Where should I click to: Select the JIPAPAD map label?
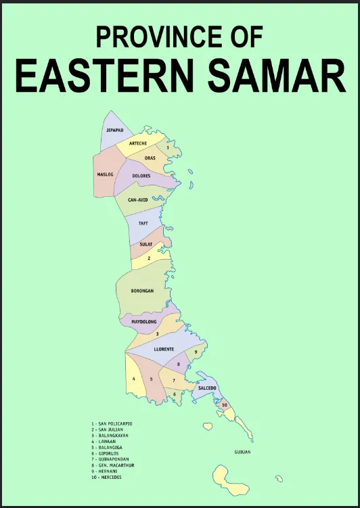pyautogui.click(x=114, y=130)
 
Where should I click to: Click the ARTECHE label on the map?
pyautogui.click(x=138, y=143)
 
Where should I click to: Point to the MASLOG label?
pyautogui.click(x=105, y=174)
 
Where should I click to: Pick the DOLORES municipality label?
pyautogui.click(x=141, y=176)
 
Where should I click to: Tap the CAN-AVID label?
pyautogui.click(x=138, y=200)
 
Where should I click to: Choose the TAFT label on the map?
pyautogui.click(x=143, y=223)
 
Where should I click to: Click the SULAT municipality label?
pyautogui.click(x=145, y=244)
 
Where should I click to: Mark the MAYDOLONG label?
pyautogui.click(x=144, y=322)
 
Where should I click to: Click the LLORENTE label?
pyautogui.click(x=164, y=349)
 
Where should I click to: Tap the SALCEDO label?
pyautogui.click(x=207, y=388)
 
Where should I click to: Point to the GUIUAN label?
pyautogui.click(x=242, y=451)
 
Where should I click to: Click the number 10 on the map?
pyautogui.click(x=224, y=405)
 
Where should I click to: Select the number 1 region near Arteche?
pyautogui.click(x=168, y=147)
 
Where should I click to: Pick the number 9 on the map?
pyautogui.click(x=196, y=352)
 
